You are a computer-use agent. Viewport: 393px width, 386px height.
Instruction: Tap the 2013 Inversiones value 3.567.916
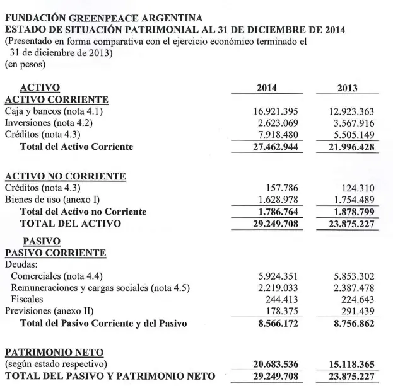pos(356,123)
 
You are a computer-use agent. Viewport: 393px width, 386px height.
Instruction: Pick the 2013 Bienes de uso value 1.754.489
pos(356,200)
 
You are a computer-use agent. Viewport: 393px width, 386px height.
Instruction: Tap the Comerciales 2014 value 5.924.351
pos(275,276)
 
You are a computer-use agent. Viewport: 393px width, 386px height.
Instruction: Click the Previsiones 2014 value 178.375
pos(282,311)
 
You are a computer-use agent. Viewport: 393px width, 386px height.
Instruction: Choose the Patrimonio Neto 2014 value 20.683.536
pos(273,365)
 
